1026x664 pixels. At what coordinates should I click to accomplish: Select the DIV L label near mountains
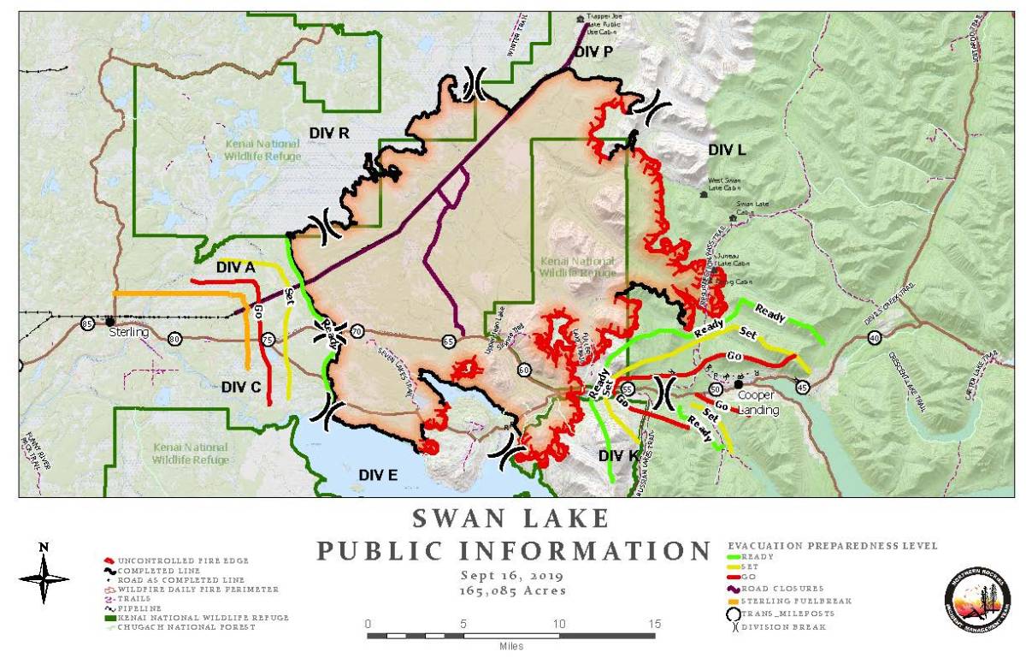click(727, 150)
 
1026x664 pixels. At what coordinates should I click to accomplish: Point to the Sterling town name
click(128, 333)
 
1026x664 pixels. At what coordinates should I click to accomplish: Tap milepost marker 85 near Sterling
click(87, 323)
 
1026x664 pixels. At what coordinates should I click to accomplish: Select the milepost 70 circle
click(357, 331)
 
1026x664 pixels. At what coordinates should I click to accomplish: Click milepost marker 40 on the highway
click(874, 338)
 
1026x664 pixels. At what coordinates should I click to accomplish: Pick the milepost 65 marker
click(448, 341)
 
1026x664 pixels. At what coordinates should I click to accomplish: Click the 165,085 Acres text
click(513, 590)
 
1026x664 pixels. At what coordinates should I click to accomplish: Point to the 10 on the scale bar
click(559, 624)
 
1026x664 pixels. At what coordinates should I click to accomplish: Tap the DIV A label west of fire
click(236, 268)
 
